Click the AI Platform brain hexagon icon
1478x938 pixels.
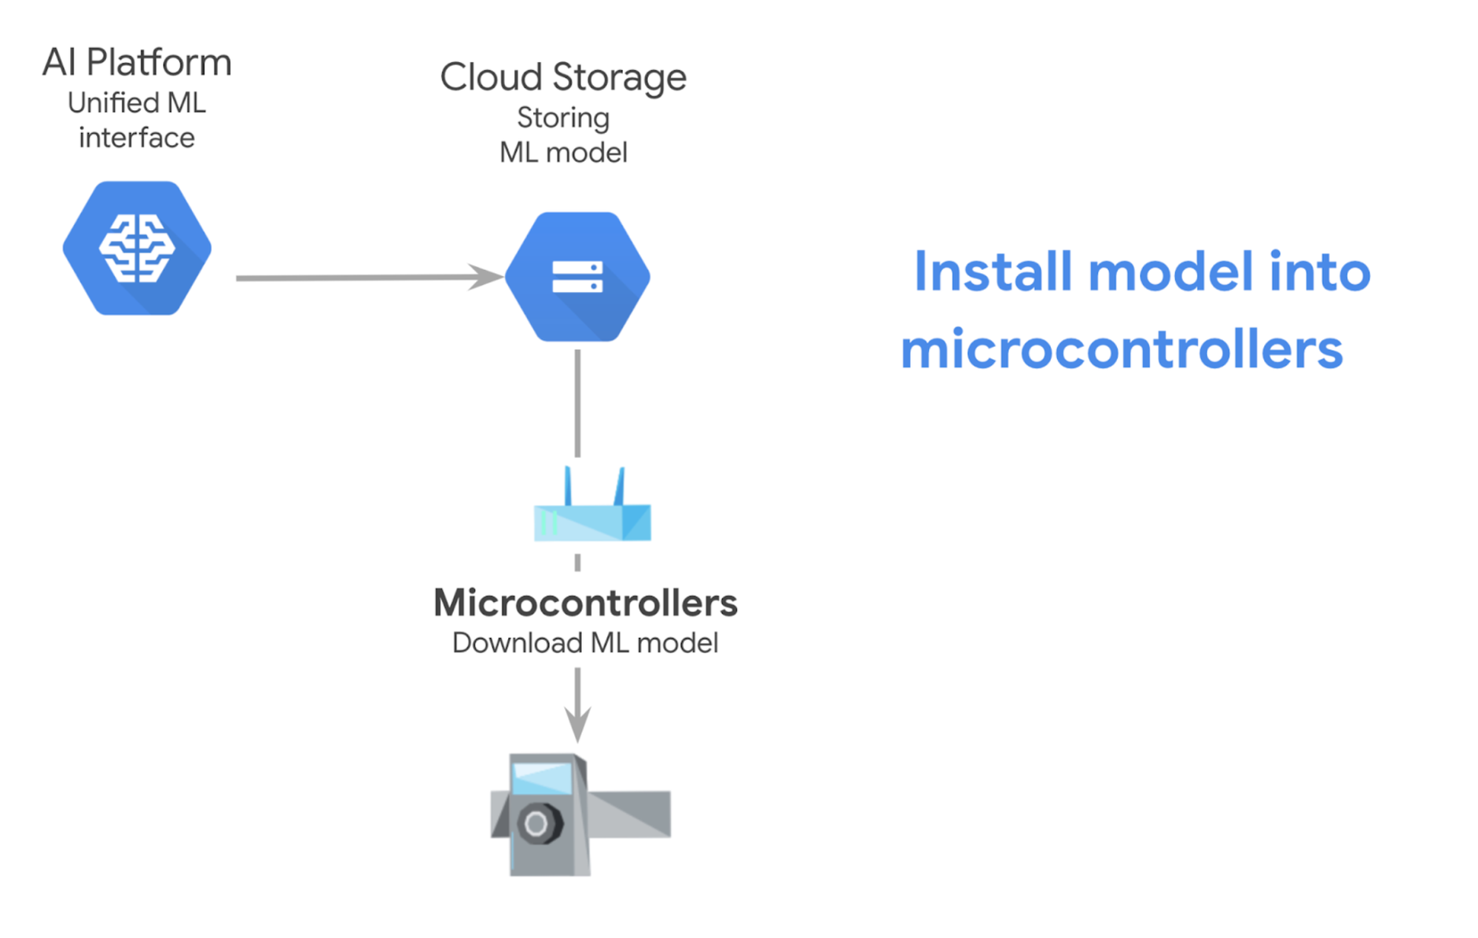[137, 249]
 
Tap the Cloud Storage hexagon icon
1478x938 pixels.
[577, 276]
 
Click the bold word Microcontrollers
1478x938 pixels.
[585, 603]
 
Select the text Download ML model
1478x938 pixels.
[585, 643]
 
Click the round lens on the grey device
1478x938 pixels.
[536, 824]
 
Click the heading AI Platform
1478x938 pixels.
[137, 62]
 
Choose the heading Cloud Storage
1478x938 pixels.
[563, 77]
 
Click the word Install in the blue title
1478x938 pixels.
[993, 271]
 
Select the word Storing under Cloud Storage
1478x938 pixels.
[563, 118]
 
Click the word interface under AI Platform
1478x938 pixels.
[137, 138]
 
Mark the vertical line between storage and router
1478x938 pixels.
[577, 403]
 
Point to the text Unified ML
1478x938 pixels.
[137, 103]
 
